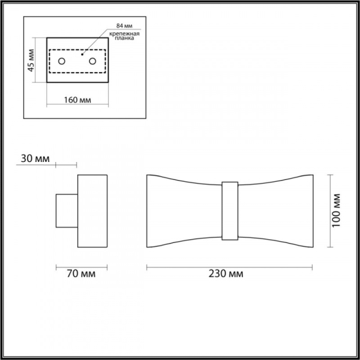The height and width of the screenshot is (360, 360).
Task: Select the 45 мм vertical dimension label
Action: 32,60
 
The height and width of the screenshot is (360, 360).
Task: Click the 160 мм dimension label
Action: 77,100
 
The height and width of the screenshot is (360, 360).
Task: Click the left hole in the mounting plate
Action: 63,61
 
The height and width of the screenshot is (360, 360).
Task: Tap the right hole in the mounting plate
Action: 92,61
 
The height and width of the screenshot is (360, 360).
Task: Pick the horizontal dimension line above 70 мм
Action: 82,266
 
